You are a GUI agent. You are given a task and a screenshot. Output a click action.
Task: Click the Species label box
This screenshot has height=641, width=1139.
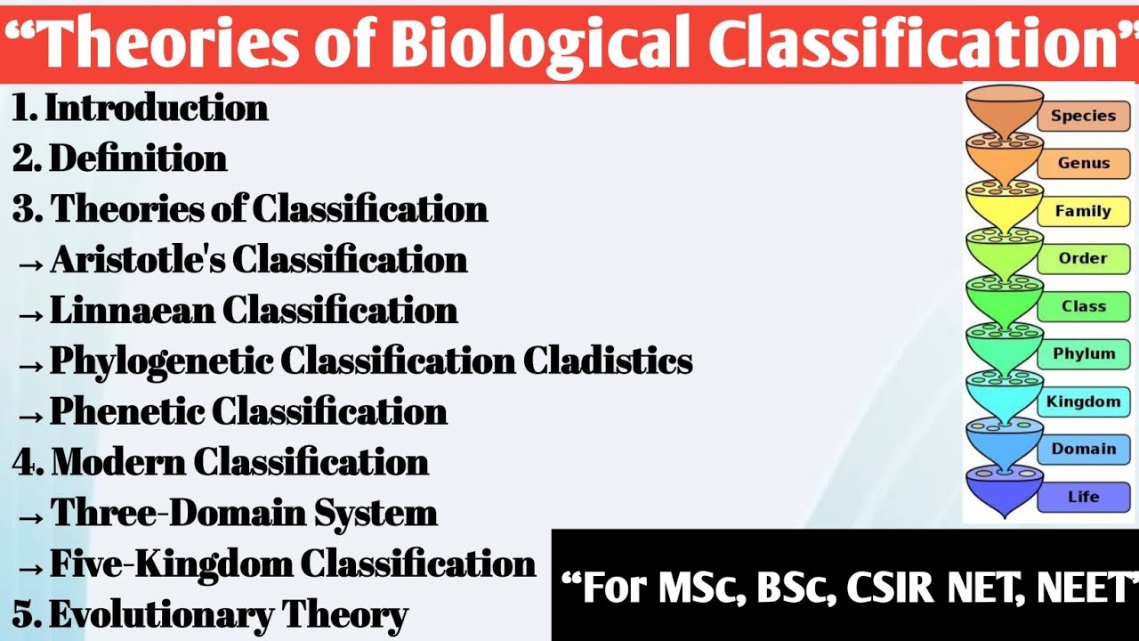1083,116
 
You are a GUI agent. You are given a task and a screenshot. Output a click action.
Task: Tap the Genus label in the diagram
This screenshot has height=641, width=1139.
1083,164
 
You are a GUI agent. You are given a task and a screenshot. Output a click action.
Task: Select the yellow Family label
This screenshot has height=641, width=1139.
1083,211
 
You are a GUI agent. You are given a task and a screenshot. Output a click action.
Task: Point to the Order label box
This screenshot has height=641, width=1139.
1083,258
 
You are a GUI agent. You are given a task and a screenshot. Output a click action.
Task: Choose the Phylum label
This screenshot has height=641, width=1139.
1083,353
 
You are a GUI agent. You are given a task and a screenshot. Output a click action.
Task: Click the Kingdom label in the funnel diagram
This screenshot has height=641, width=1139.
1083,402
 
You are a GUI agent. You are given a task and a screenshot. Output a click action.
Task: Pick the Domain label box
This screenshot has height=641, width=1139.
1083,450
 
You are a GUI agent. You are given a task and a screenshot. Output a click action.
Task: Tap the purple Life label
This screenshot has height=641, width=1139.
1083,497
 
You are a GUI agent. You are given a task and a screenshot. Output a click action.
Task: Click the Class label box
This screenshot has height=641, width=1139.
1083,306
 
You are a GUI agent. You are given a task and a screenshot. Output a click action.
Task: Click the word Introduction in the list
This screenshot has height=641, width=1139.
157,109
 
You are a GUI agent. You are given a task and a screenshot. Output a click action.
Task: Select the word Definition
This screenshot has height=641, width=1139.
138,159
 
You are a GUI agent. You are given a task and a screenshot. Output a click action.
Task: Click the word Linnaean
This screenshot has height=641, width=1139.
131,311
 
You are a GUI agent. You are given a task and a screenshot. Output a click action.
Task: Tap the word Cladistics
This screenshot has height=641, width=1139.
608,361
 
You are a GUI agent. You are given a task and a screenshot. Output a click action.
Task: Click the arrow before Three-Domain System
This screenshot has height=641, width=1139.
29,515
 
